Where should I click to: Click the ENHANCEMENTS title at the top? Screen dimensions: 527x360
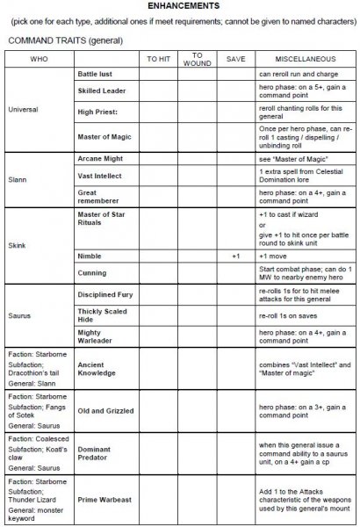point(181,5)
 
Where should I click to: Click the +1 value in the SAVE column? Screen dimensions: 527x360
point(235,256)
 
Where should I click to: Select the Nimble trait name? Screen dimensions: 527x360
point(90,256)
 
